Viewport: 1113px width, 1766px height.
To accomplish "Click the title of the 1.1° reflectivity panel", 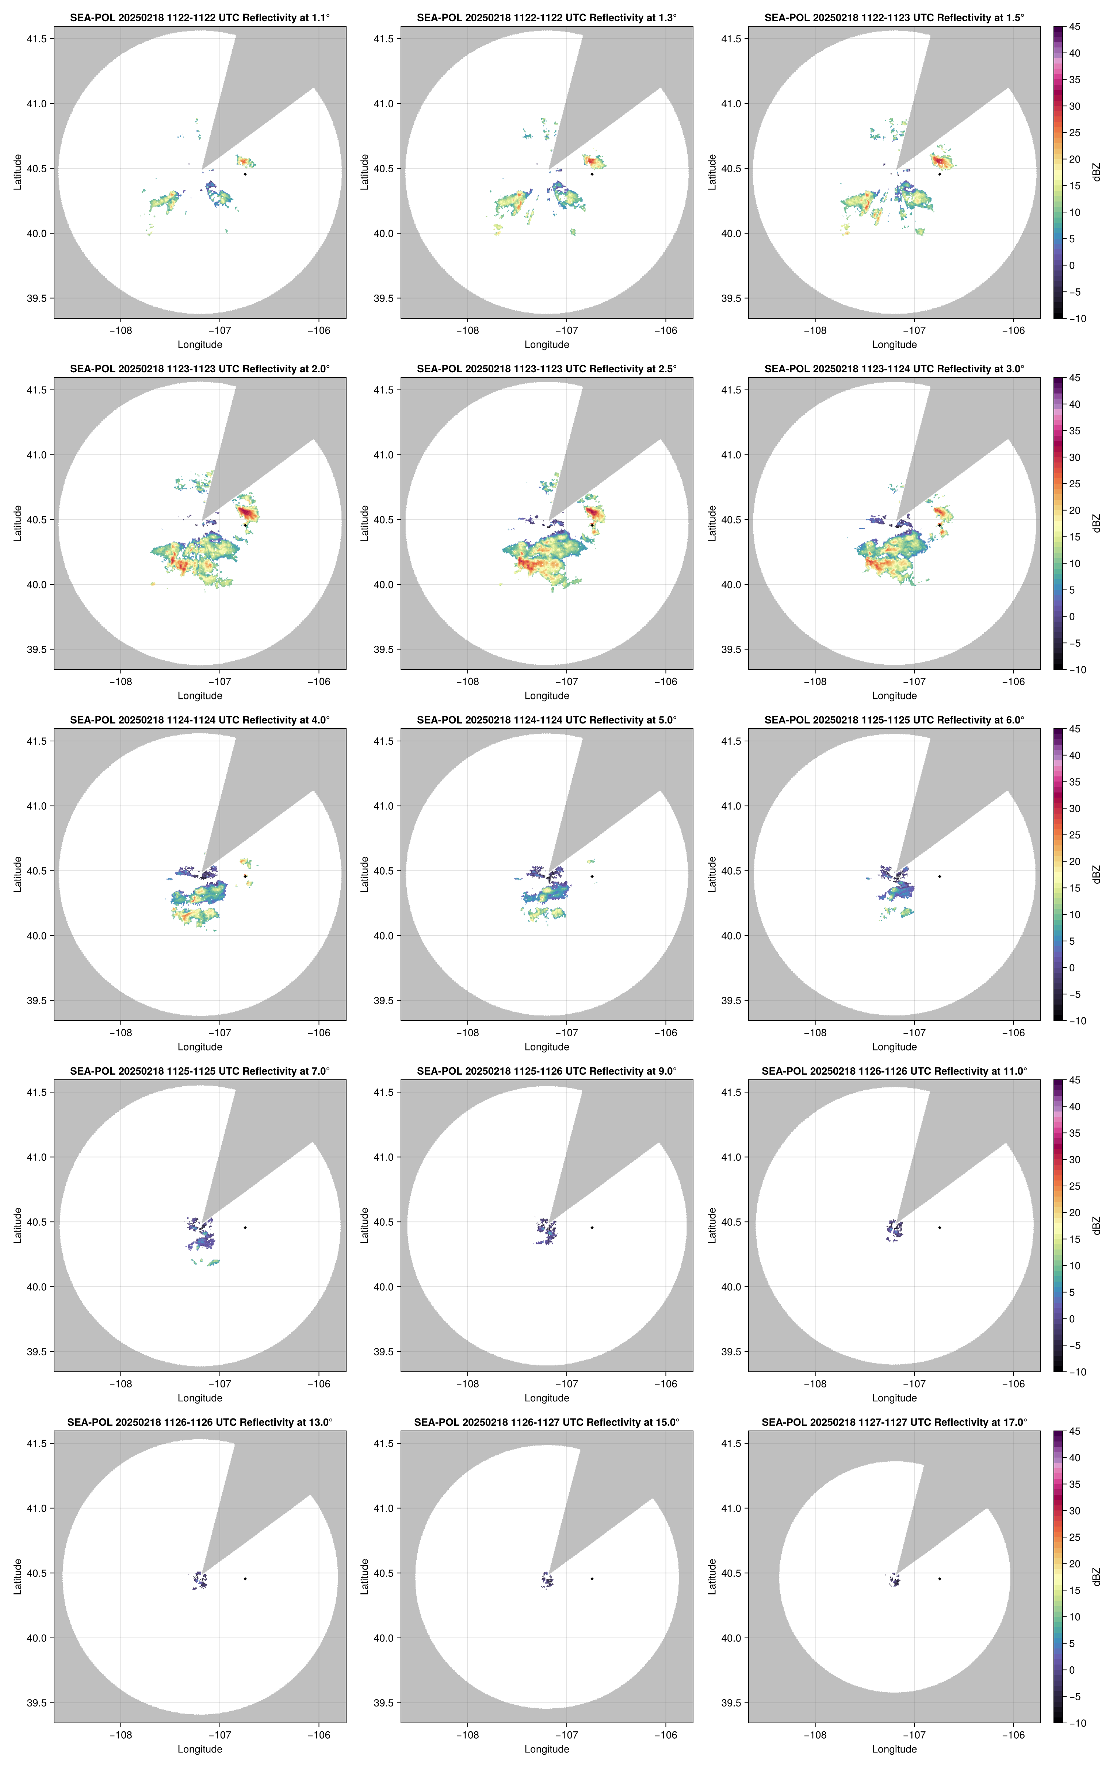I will click(200, 18).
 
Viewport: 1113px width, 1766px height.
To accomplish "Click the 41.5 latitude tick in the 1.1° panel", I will click(37, 39).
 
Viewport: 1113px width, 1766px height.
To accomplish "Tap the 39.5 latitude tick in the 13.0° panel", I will click(37, 1703).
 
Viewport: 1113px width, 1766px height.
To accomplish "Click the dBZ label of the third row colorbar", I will click(1096, 874).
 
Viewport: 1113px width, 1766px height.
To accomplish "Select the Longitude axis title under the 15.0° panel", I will click(547, 1749).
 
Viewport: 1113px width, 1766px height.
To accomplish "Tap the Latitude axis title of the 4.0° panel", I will click(18, 874).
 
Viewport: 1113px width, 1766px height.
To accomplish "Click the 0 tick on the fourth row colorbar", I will click(1072, 1318).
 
